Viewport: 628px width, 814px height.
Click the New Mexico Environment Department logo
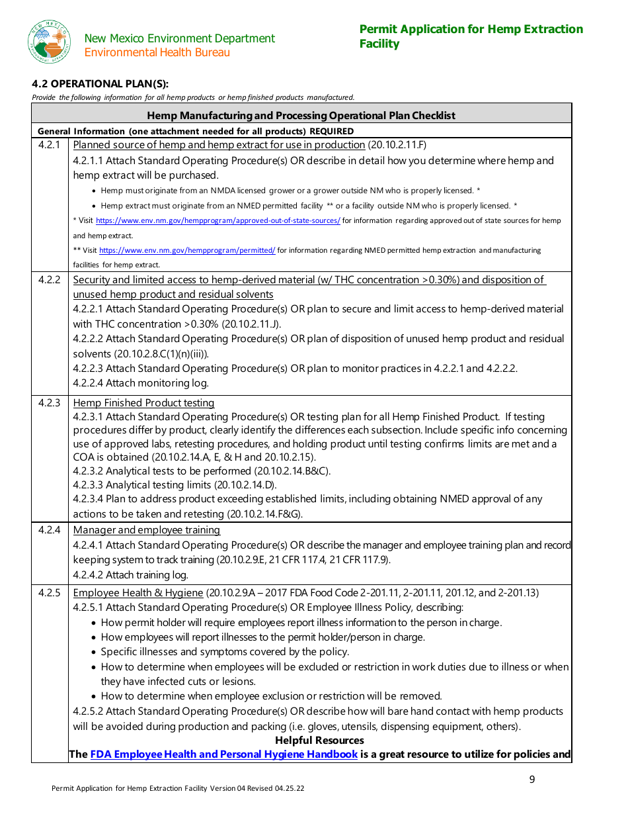click(49, 42)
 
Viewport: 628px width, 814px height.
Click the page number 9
click(532, 780)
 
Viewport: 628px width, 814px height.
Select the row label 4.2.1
click(49, 145)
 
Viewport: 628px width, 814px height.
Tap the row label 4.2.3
click(49, 402)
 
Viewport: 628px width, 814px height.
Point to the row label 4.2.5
click(49, 592)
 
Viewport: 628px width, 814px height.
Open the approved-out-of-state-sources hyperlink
click(218, 220)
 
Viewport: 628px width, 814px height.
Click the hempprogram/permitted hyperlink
click(187, 250)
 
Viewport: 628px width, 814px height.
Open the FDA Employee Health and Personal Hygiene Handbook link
click(224, 754)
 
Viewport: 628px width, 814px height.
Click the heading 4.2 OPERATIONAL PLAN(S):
click(100, 83)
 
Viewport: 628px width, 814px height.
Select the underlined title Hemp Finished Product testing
click(143, 402)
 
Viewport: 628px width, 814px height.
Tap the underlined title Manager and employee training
click(147, 529)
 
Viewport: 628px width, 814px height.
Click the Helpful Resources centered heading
click(319, 740)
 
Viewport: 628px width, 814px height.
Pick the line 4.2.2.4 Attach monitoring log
click(141, 383)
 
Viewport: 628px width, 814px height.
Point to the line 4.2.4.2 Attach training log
click(131, 574)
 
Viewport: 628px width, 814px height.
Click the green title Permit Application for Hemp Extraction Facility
click(471, 36)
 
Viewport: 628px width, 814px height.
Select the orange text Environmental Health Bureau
click(157, 52)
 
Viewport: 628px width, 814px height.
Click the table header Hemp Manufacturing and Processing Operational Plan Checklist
click(301, 115)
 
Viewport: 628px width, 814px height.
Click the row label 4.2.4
click(49, 529)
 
